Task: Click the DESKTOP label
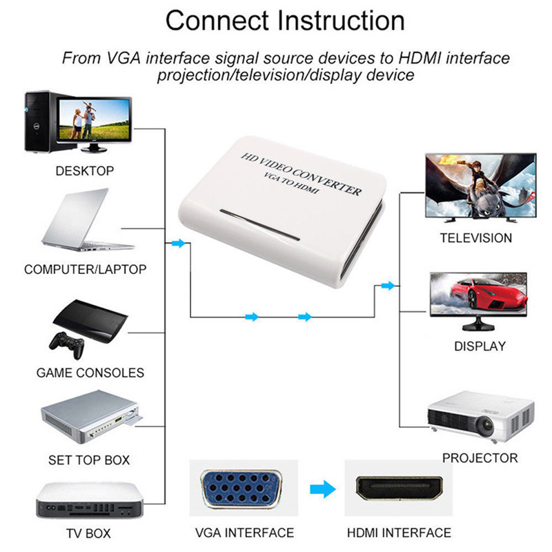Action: click(x=85, y=171)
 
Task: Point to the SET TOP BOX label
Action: click(x=89, y=460)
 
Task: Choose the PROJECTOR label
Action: click(x=480, y=458)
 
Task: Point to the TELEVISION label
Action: click(x=475, y=238)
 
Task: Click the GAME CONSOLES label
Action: click(x=90, y=373)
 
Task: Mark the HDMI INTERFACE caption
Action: click(x=398, y=533)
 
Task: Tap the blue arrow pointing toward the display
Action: click(x=388, y=286)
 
